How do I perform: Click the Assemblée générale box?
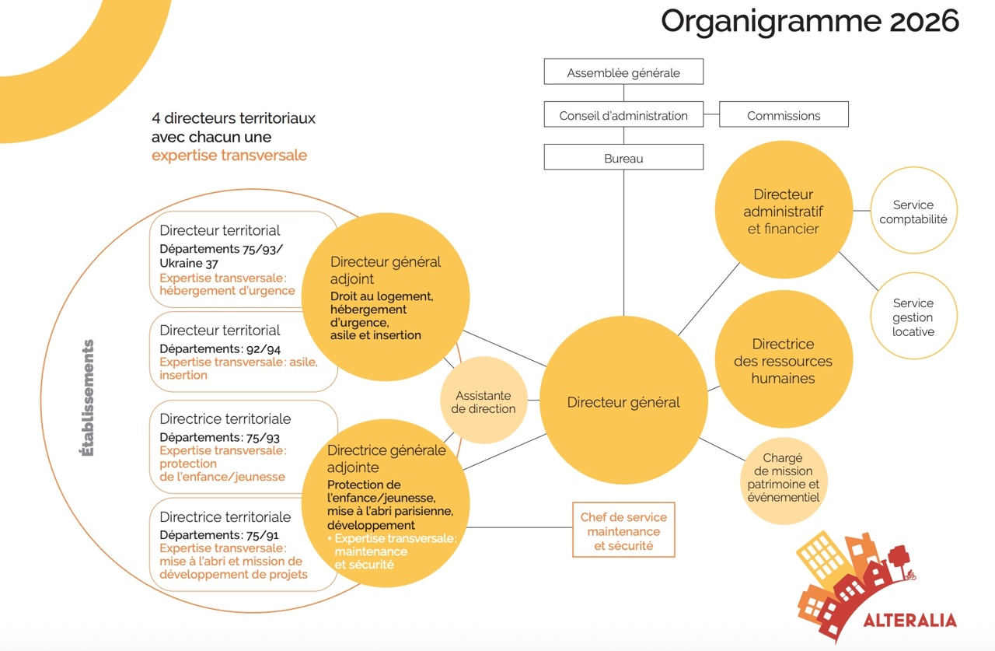(623, 72)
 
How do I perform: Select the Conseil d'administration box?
(623, 115)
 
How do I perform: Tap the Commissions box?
(784, 115)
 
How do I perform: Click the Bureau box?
(623, 158)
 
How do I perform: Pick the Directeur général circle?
(623, 402)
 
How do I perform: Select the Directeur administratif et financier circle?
(784, 211)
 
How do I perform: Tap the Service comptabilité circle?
(913, 212)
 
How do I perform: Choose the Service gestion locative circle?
(913, 317)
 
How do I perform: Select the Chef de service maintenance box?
(623, 531)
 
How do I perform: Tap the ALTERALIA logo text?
(909, 620)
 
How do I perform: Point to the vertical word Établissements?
(87, 397)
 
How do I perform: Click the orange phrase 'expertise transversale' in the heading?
(229, 156)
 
